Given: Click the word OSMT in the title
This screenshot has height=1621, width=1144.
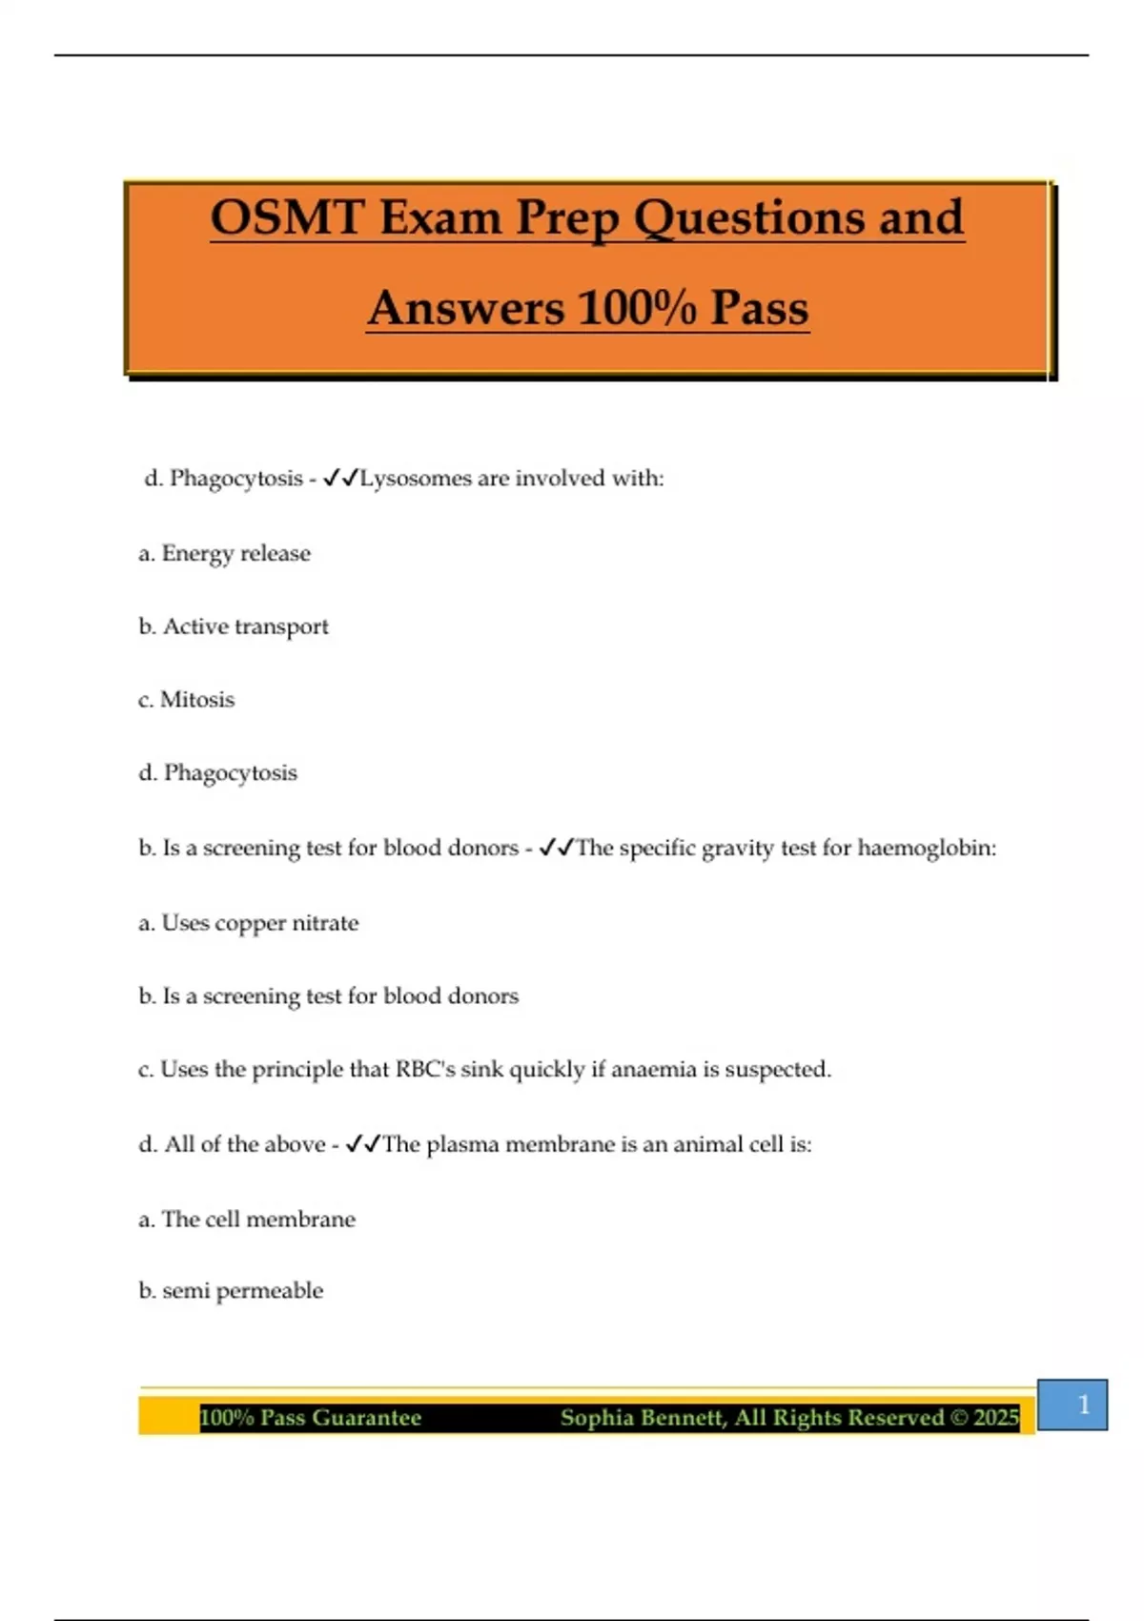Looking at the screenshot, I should point(287,217).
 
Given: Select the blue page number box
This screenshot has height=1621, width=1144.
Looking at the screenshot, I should point(1072,1405).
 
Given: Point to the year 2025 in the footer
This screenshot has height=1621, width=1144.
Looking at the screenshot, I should point(996,1418).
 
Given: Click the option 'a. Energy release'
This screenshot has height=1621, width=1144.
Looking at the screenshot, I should point(225,553).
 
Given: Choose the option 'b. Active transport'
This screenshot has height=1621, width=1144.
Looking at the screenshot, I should point(234,626).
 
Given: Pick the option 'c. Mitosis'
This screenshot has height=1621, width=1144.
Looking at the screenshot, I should point(187,699).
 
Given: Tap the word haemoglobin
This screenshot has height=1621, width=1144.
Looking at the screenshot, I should point(927,848).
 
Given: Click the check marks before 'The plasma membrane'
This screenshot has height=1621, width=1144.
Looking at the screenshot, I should point(362,1144).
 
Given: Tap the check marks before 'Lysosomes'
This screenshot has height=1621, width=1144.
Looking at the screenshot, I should point(339,478).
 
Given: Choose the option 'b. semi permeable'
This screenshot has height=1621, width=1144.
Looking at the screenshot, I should point(231,1290).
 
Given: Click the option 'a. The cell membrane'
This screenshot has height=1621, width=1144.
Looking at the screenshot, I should point(247,1219).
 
